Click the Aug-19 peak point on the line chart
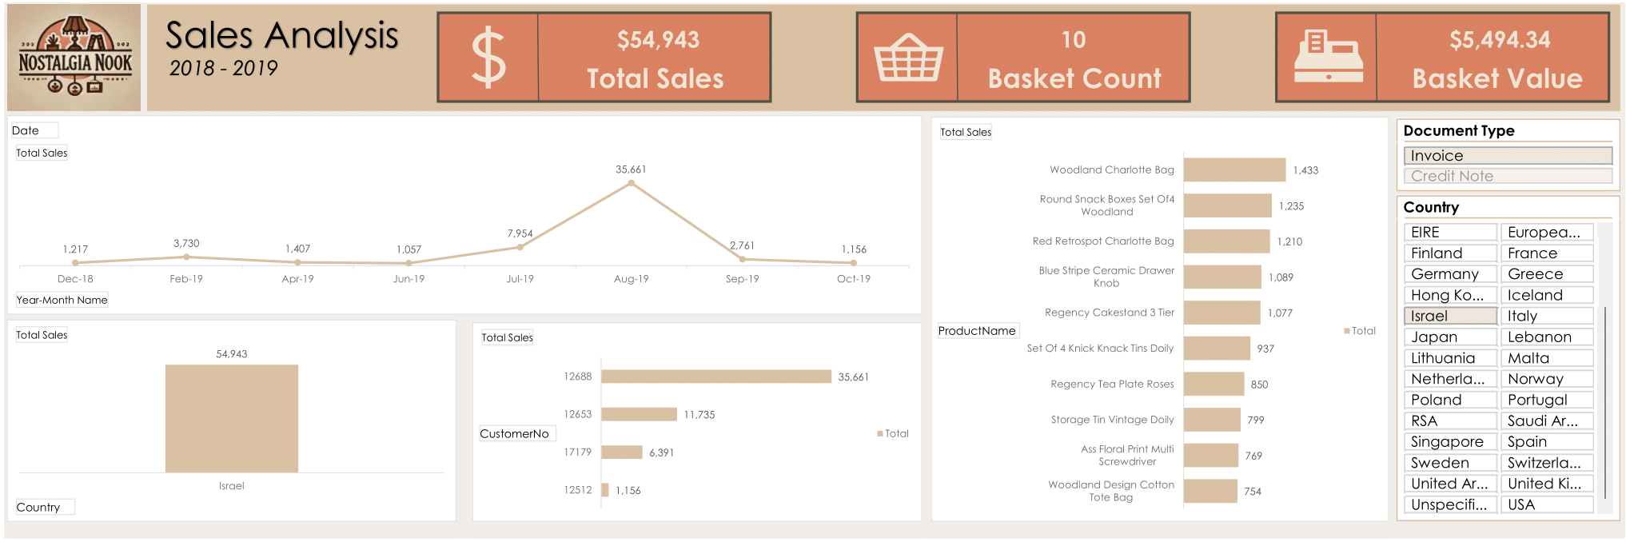631,183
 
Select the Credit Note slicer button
1507,176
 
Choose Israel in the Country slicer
1449,316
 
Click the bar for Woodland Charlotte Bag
1233,169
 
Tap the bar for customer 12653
638,414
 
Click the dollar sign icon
488,58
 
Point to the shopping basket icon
907,58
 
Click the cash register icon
1327,58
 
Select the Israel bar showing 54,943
231,418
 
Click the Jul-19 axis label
520,279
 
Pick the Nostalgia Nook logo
74,58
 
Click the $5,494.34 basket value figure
1499,40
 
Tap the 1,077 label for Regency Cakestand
1279,313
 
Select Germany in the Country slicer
1449,274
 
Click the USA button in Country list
1546,504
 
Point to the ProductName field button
977,331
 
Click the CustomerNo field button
515,433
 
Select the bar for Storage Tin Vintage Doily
1211,420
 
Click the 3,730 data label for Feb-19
186,243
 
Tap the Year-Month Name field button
62,300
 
